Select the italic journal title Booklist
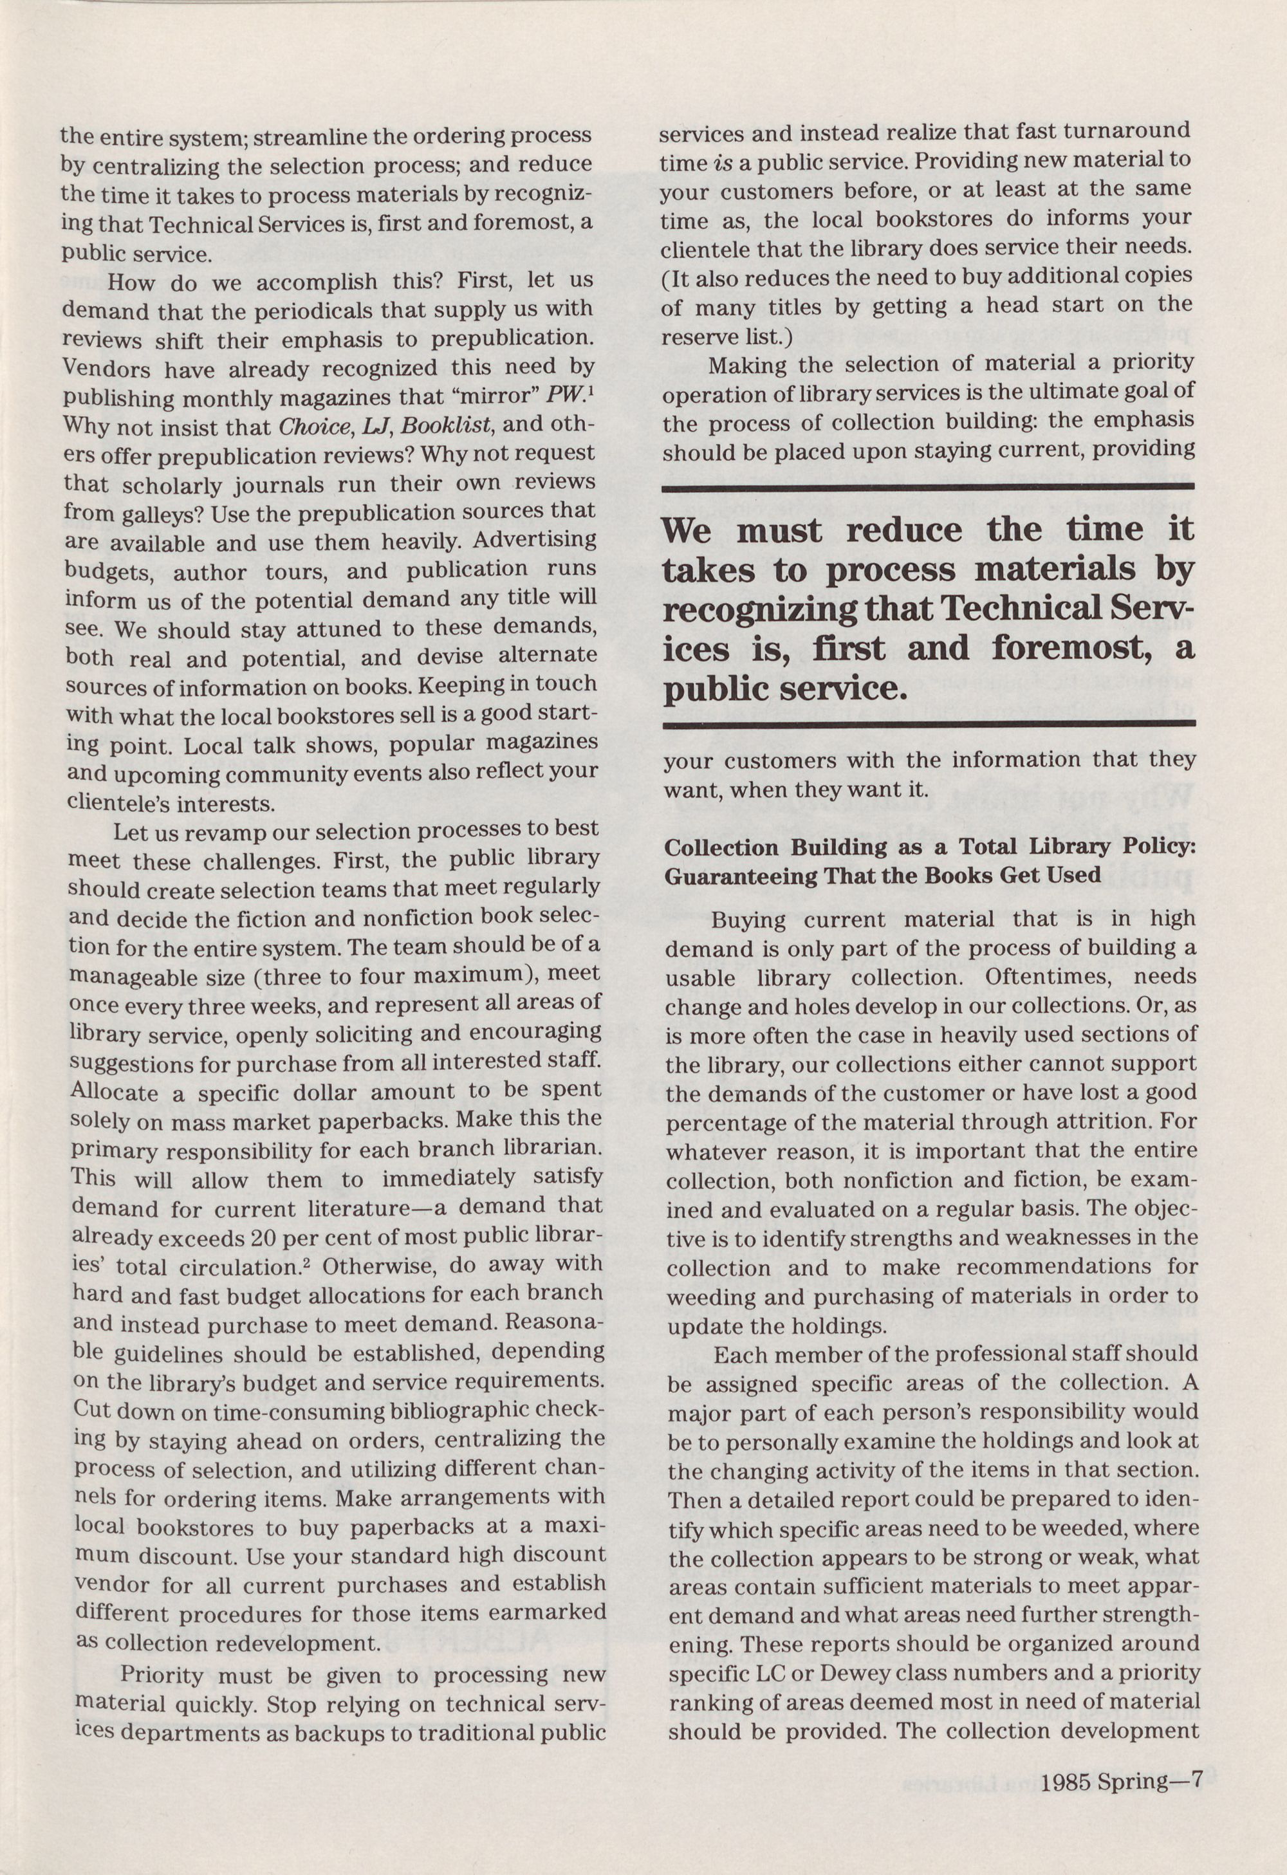tap(442, 425)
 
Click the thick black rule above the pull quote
tap(928, 486)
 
